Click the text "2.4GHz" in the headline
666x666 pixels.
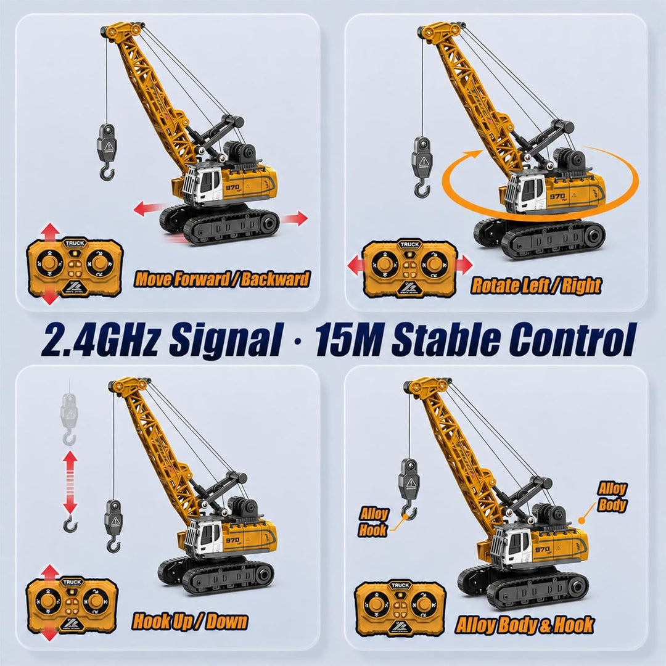[99, 339]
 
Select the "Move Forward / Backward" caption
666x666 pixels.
[222, 279]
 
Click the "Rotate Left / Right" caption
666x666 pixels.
[536, 286]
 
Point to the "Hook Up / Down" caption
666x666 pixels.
[189, 622]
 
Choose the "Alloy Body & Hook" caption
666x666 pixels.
[525, 625]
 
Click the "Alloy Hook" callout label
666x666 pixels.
[373, 522]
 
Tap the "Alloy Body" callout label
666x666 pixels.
[612, 496]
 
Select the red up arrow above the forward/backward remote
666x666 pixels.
[51, 232]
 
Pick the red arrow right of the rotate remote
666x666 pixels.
[464, 265]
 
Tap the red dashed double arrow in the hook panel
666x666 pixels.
[70, 482]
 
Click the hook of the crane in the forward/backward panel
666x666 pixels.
[107, 173]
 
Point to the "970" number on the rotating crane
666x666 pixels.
[557, 196]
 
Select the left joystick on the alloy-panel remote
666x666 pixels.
[377, 604]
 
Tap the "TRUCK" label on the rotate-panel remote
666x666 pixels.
[410, 244]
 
